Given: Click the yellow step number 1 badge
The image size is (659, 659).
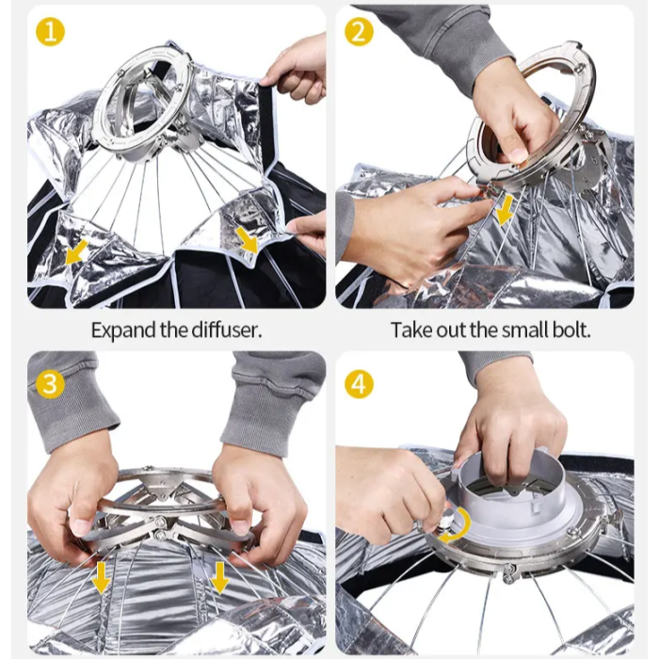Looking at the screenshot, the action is [x=50, y=31].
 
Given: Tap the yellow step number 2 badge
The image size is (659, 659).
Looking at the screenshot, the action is [x=359, y=31].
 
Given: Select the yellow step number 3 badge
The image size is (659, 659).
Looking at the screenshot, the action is [x=50, y=384].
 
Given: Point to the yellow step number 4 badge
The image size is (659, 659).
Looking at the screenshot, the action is [x=359, y=384].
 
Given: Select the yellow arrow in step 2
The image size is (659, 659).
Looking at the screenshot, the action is [x=505, y=209].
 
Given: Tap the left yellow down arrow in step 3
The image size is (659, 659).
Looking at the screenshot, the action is [x=101, y=578].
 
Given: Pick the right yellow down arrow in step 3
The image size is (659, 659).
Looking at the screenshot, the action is [x=219, y=578].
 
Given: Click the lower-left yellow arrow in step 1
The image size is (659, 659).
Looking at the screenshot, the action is [x=76, y=252].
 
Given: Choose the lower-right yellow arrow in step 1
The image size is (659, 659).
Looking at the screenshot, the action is [x=247, y=240].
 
